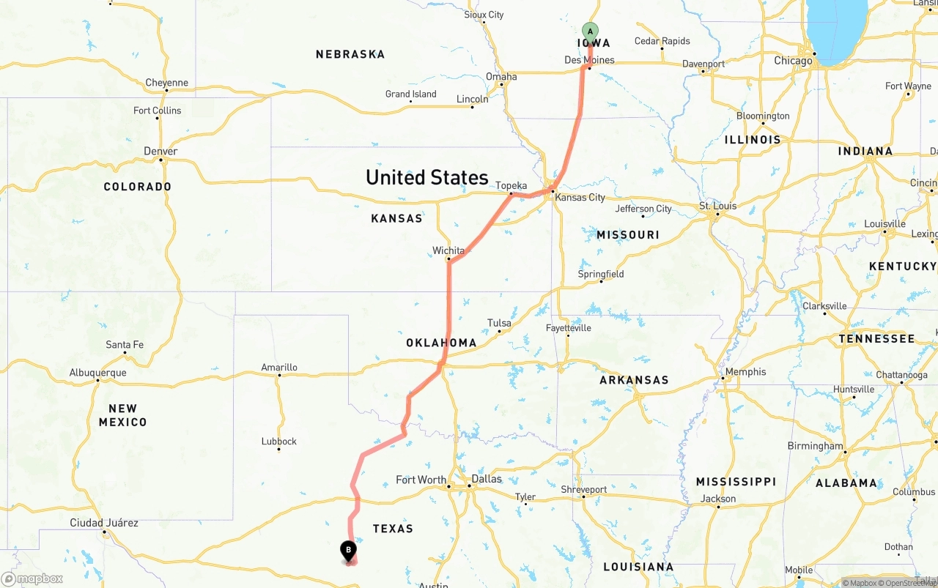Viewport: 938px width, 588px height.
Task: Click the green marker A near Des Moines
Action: point(590,32)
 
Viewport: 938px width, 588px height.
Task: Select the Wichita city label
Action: point(448,250)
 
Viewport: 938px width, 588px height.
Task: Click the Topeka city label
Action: point(512,186)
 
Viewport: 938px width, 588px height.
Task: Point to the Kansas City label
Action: point(580,198)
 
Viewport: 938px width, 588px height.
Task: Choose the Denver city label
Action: point(160,152)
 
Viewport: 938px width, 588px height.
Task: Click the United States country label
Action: point(426,177)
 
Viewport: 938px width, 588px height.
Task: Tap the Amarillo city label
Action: point(279,368)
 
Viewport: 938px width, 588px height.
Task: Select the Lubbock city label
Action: point(279,442)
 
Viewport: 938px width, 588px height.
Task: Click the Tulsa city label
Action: point(499,323)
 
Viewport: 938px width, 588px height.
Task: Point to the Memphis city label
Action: point(745,372)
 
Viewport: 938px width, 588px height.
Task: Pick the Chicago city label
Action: point(794,61)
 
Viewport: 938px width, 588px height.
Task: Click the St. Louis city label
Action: point(717,206)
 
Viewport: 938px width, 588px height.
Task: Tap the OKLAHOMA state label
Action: point(441,343)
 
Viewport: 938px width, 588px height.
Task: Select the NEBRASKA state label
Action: point(350,54)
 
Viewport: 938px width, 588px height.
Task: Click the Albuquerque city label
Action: point(97,373)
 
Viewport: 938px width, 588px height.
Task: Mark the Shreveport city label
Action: point(584,490)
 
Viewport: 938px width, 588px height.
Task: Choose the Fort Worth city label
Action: point(421,480)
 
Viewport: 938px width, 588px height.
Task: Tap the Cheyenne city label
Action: point(166,83)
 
